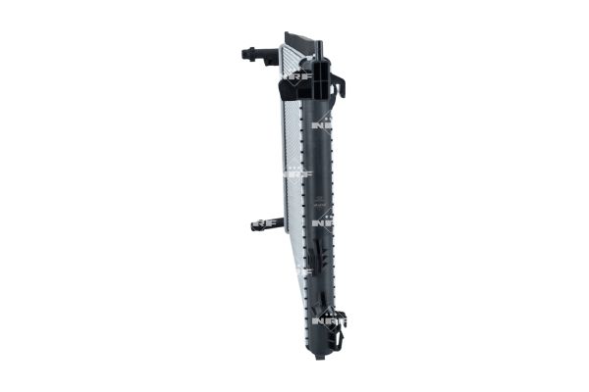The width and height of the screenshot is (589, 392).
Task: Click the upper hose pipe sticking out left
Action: (258, 54)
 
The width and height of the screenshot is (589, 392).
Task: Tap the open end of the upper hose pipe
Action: (242, 53)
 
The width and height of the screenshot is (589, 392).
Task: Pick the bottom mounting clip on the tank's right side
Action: (338, 336)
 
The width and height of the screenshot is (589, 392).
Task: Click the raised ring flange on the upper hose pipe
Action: (265, 54)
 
